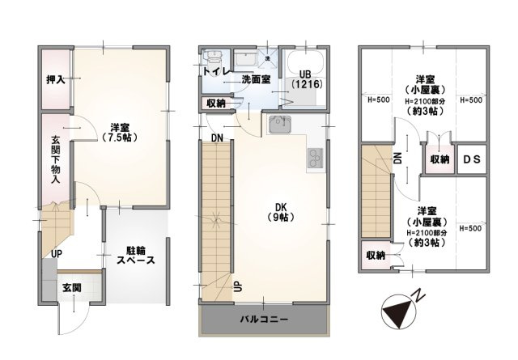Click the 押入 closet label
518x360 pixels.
pos(55,81)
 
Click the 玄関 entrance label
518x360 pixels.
pos(70,288)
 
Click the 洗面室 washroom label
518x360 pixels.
pos(255,80)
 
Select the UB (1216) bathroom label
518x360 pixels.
pos(306,78)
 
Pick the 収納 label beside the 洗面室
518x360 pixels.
pos(215,103)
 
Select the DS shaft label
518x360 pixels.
pos(471,159)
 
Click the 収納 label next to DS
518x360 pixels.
pos(439,159)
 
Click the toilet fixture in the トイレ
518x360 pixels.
pos(214,59)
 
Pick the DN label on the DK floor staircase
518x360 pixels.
pos(216,138)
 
